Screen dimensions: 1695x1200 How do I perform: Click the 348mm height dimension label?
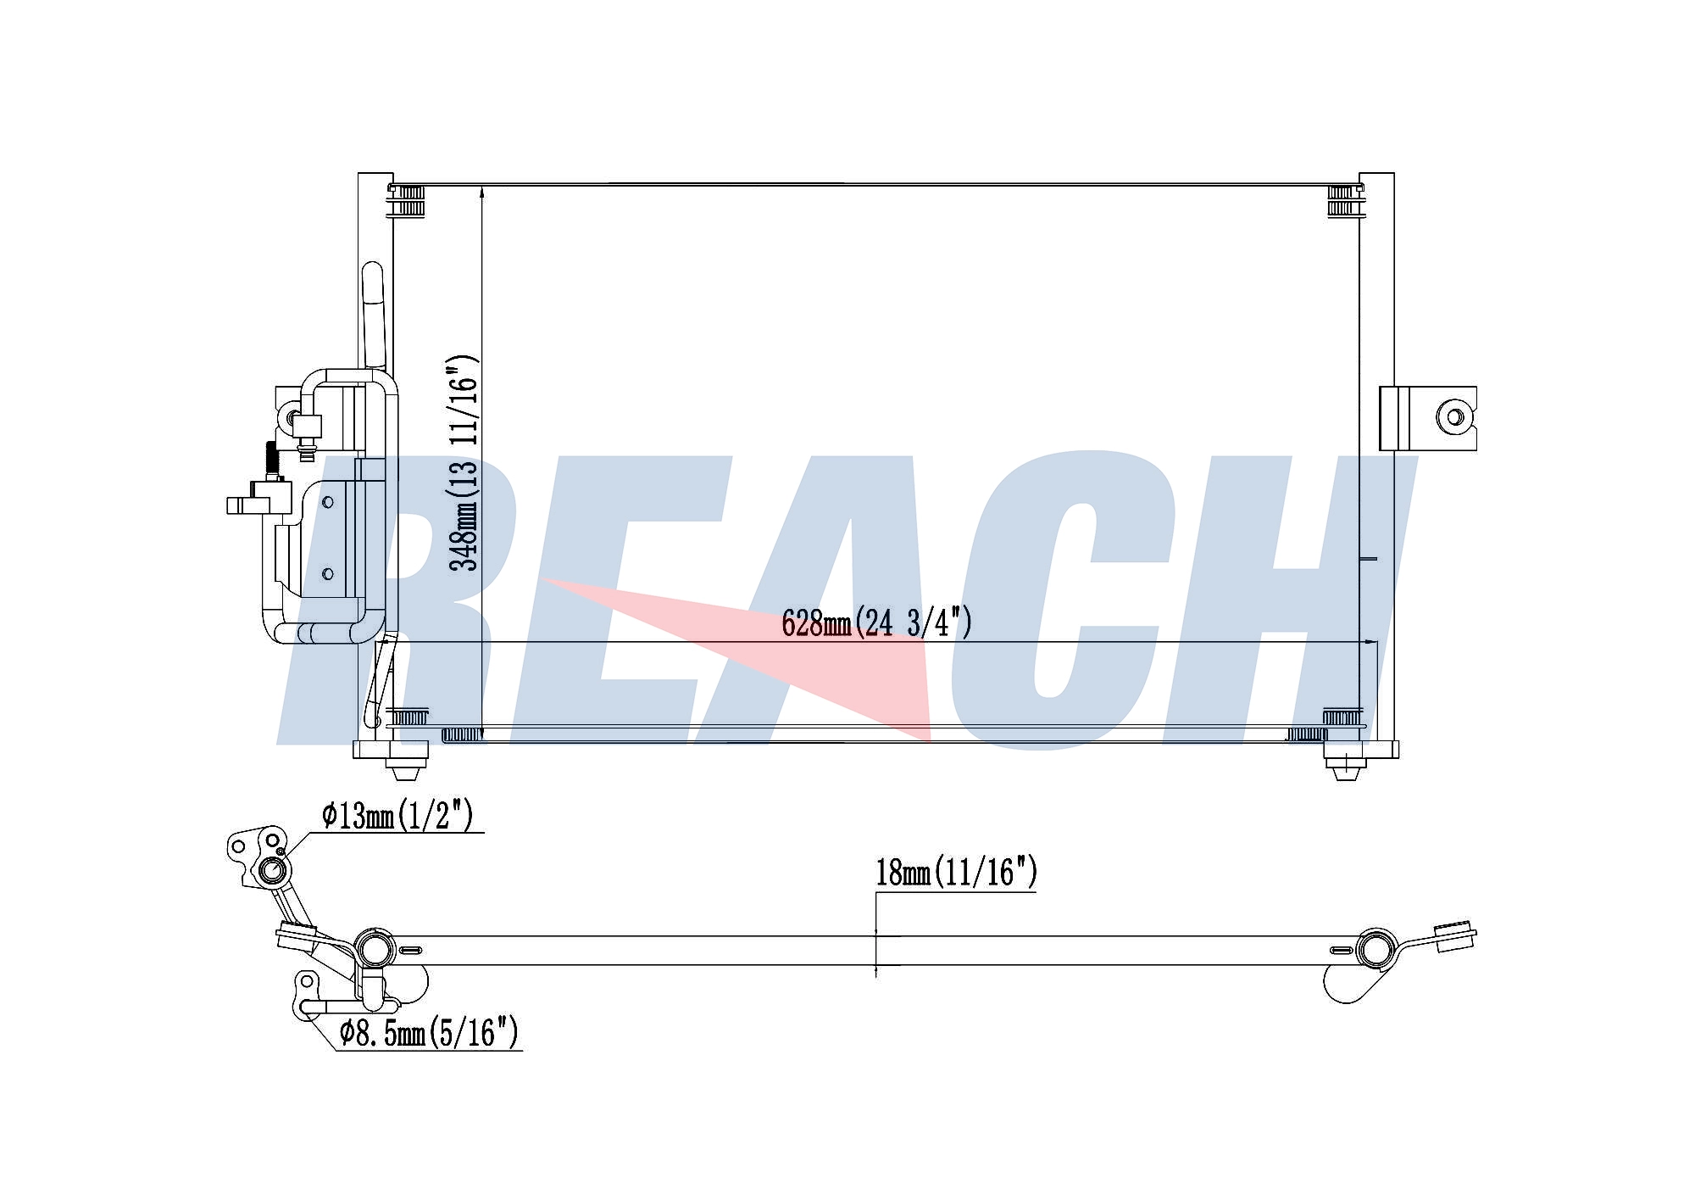464,463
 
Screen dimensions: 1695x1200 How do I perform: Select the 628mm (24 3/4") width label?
876,623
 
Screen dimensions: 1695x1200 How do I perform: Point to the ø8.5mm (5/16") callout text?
428,1033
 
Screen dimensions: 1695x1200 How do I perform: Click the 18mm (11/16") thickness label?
956,873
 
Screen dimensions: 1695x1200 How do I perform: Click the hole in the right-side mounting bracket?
1454,417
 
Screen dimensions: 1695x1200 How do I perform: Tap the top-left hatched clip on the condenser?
408,202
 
